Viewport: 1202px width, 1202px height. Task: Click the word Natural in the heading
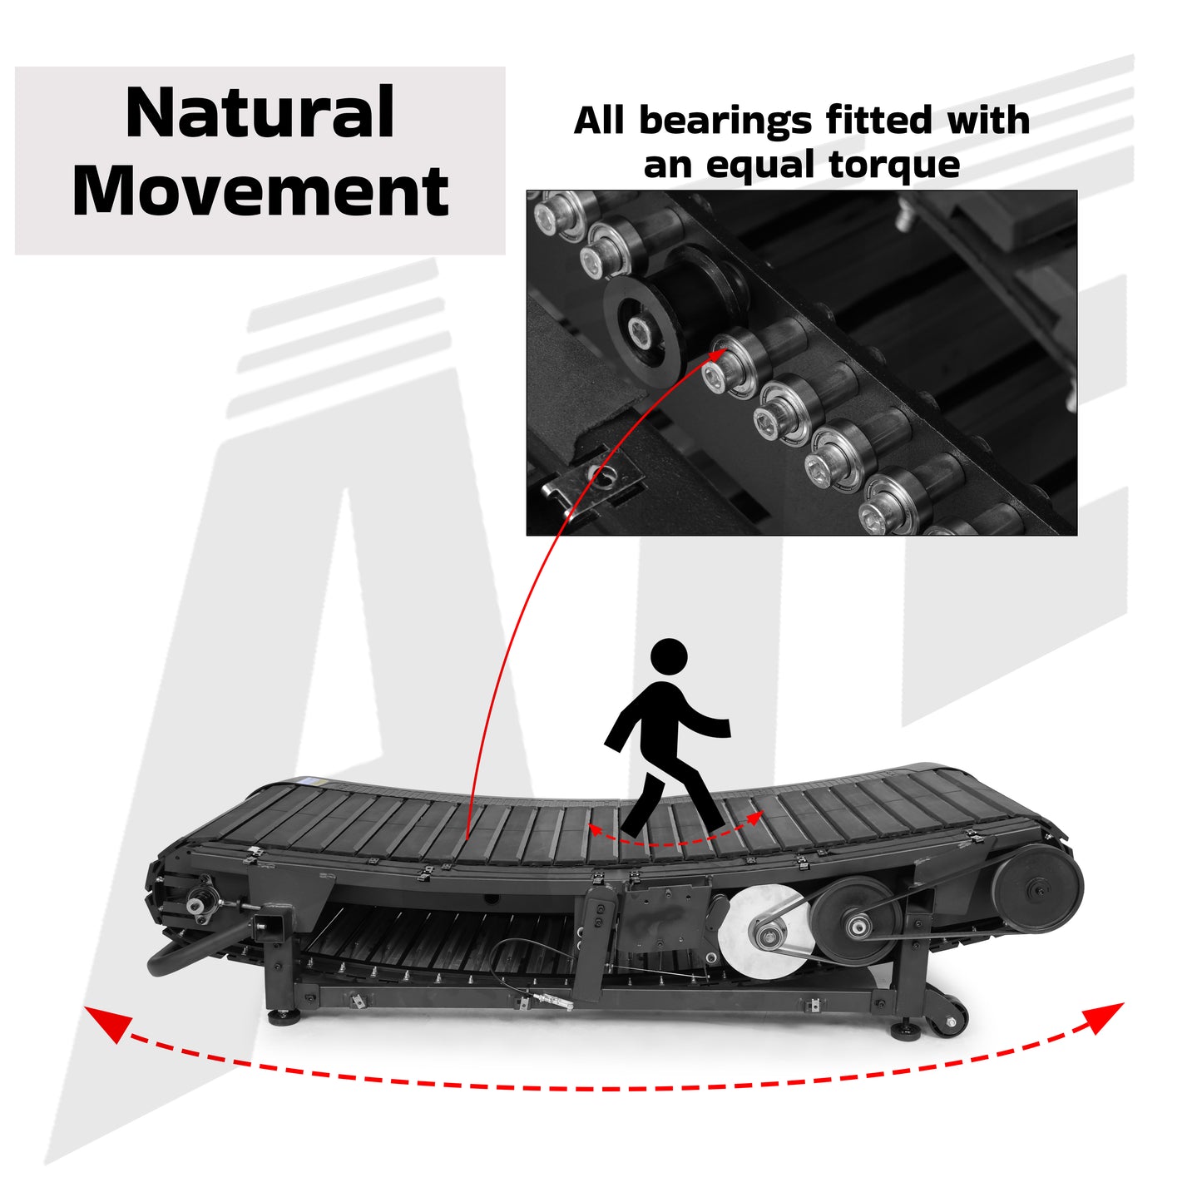pos(260,114)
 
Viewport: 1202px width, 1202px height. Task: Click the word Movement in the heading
pos(260,191)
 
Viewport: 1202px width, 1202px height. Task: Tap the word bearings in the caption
pos(724,121)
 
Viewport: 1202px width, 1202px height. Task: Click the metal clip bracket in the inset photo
pos(592,487)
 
